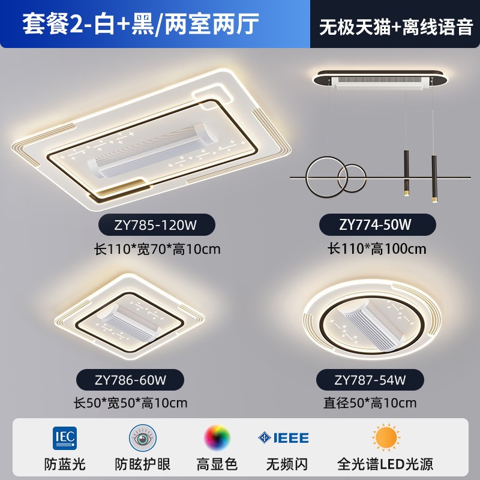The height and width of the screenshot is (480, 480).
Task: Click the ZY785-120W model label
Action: [x=156, y=225]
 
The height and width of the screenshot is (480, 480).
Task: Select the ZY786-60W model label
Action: [x=130, y=380]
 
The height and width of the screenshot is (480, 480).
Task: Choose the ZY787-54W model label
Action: [x=370, y=380]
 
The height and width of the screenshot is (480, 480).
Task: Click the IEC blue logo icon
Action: [x=65, y=437]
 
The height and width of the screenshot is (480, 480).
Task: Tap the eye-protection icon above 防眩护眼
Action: [x=142, y=437]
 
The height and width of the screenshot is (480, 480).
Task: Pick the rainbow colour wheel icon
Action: [x=217, y=437]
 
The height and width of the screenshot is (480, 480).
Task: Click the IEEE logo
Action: [x=283, y=437]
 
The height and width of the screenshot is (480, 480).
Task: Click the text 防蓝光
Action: [x=65, y=464]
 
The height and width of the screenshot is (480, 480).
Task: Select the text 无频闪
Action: [x=283, y=464]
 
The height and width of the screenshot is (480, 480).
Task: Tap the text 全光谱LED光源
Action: [x=385, y=464]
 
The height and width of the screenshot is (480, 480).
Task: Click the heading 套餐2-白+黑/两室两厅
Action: [x=140, y=24]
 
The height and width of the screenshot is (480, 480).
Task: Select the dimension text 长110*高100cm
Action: [x=376, y=248]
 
